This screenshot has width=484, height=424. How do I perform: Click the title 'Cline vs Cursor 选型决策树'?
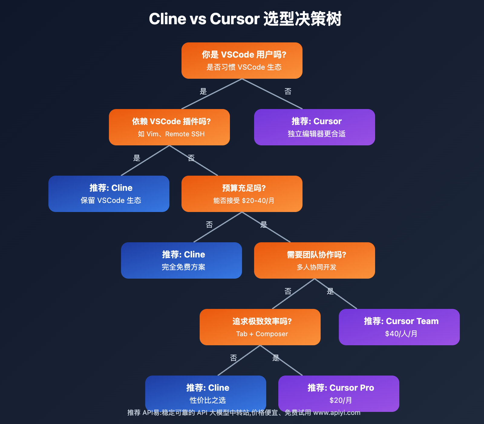click(x=245, y=19)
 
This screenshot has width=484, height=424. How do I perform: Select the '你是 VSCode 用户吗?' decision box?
click(x=242, y=61)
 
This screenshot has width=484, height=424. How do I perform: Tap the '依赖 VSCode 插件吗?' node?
click(x=169, y=127)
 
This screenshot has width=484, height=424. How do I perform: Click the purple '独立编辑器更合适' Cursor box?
click(x=315, y=127)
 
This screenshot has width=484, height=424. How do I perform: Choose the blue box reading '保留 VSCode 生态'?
click(x=109, y=194)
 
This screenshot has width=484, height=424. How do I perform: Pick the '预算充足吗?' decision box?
click(x=242, y=194)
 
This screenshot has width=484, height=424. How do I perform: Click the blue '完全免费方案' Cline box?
click(x=181, y=260)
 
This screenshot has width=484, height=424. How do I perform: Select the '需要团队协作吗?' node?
click(x=315, y=260)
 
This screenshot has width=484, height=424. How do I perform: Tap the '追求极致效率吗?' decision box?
click(x=260, y=327)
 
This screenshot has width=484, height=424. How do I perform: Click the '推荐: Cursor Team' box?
click(x=399, y=327)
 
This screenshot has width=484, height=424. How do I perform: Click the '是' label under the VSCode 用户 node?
click(x=203, y=91)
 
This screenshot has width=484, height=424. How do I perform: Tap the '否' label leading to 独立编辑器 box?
click(x=288, y=91)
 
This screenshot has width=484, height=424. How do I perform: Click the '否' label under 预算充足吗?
click(x=209, y=224)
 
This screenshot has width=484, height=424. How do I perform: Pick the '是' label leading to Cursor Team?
click(x=330, y=291)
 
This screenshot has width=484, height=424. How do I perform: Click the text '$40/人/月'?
click(x=401, y=334)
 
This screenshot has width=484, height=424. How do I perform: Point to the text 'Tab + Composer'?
click(x=262, y=334)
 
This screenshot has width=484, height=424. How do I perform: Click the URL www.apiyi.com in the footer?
click(x=337, y=412)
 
